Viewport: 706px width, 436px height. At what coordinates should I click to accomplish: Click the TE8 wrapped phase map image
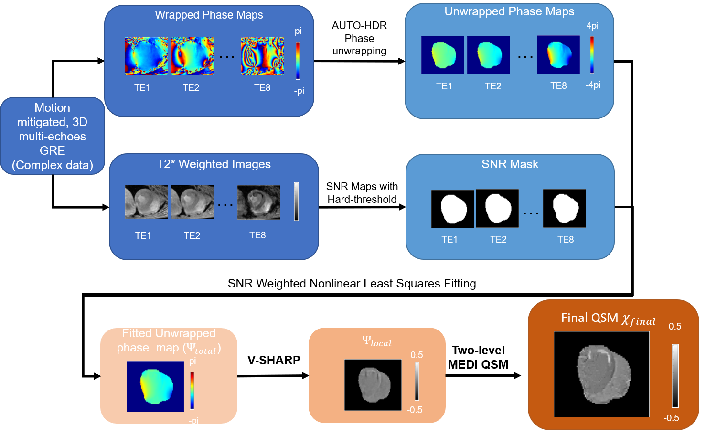262,56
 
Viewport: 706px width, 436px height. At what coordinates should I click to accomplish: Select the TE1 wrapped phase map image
146,56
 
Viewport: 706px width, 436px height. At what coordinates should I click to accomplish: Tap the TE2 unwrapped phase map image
488,55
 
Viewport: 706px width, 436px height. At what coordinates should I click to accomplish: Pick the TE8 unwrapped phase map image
558,54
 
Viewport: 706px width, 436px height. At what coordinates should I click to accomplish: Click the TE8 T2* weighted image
259,202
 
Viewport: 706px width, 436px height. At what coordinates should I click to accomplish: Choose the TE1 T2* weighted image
146,202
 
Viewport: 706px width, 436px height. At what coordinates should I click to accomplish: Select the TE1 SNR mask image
452,209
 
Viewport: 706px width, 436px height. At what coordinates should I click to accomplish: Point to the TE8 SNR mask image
564,208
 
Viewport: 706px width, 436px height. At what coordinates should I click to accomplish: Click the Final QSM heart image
601,374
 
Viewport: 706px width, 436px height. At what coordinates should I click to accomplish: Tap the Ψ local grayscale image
373,385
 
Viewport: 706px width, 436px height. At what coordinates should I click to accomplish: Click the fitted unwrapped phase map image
155,386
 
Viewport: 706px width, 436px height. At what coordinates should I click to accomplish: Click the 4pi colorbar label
592,26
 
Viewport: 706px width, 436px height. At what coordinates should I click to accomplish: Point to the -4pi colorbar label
593,85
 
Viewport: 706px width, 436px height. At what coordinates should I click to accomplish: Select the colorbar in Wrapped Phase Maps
298,60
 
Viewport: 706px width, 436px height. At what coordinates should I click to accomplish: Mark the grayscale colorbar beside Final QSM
675,376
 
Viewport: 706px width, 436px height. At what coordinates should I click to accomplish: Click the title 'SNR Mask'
510,164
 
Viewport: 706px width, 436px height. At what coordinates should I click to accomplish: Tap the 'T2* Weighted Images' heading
214,164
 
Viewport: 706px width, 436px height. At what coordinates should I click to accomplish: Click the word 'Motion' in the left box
52,108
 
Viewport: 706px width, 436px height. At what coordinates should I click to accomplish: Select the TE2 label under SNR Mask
498,239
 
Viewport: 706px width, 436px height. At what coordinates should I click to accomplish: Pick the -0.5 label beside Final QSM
671,418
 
